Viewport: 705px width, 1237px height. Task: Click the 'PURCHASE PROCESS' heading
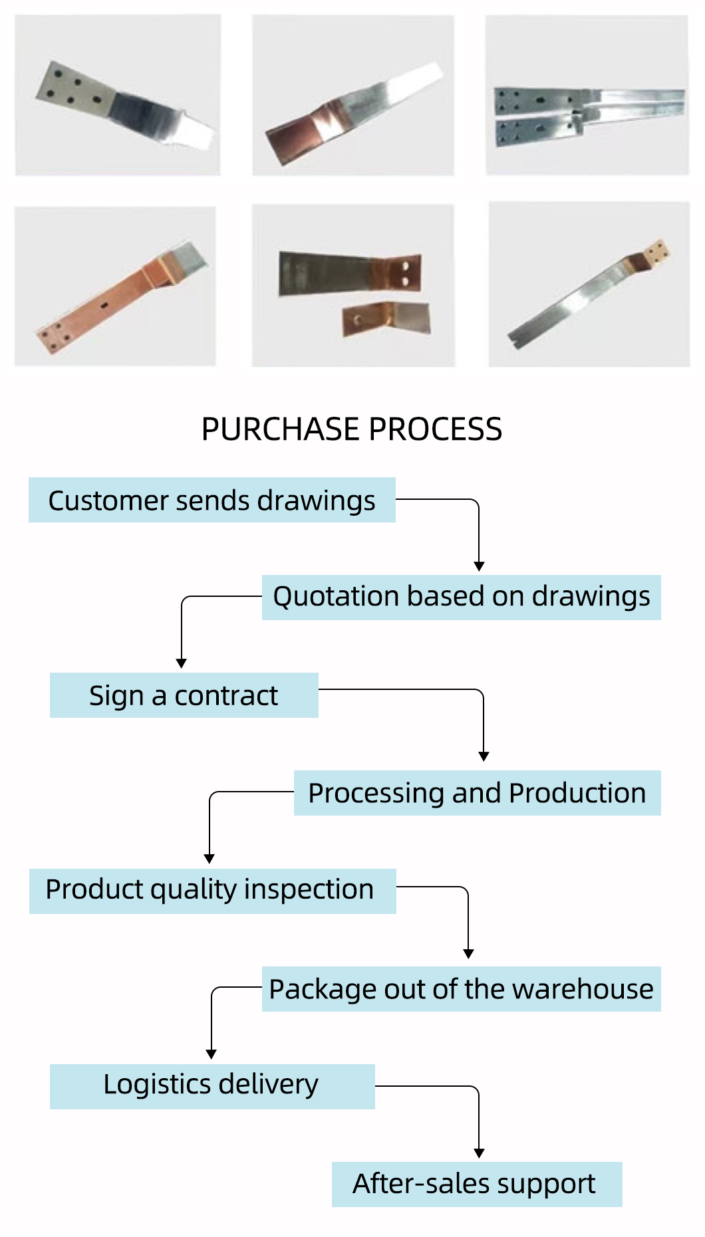(x=352, y=429)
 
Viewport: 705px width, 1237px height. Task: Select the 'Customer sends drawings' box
(x=211, y=500)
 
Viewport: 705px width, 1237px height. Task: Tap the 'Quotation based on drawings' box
(x=461, y=597)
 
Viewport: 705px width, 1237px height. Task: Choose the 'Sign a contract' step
(x=184, y=695)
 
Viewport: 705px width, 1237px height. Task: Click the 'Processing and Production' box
(x=477, y=793)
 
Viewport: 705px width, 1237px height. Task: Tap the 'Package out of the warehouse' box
(x=461, y=989)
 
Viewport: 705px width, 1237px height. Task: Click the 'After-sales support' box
(x=476, y=1184)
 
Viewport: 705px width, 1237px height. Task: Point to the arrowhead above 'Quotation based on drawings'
(x=479, y=566)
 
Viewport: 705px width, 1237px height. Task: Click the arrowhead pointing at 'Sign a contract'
(x=181, y=663)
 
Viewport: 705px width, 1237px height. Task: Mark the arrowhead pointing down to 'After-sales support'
(x=479, y=1153)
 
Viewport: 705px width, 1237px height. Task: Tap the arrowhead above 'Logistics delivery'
(x=211, y=1054)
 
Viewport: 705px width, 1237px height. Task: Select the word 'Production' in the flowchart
(x=577, y=793)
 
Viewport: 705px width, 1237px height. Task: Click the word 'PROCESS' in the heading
(x=436, y=429)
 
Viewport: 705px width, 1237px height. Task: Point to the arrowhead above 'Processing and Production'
(x=484, y=756)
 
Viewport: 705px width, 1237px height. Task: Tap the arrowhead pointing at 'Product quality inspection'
(x=210, y=859)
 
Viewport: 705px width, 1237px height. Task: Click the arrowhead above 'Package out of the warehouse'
(x=469, y=954)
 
